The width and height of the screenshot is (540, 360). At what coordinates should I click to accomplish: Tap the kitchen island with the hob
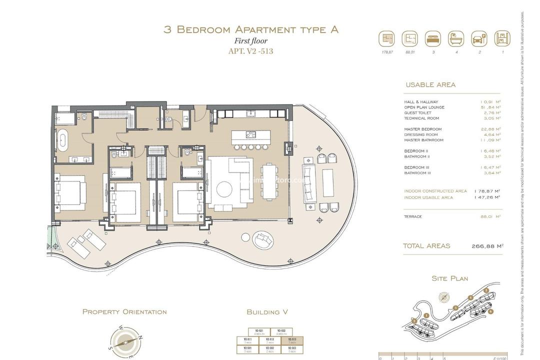pyautogui.click(x=250, y=135)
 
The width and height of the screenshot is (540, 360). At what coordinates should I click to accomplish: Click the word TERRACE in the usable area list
pyautogui.click(x=413, y=216)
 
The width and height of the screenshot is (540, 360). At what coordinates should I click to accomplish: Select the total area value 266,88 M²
pyautogui.click(x=487, y=246)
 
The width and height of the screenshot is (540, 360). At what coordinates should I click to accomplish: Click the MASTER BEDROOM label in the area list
pyautogui.click(x=423, y=129)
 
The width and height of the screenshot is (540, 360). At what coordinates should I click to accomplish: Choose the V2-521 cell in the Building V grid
pyautogui.click(x=259, y=331)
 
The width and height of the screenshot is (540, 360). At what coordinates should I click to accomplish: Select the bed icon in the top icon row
pyautogui.click(x=432, y=38)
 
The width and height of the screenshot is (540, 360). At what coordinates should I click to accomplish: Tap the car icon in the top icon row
pyautogui.click(x=479, y=38)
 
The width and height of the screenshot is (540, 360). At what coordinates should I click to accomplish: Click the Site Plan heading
pyautogui.click(x=450, y=278)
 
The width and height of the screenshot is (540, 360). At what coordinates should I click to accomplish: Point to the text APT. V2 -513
pyautogui.click(x=250, y=51)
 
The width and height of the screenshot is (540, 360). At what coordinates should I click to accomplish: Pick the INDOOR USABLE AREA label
pyautogui.click(x=428, y=197)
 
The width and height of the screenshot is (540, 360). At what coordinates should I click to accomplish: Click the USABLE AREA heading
pyautogui.click(x=430, y=85)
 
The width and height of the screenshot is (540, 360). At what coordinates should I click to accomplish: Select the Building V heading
pyautogui.click(x=267, y=312)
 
